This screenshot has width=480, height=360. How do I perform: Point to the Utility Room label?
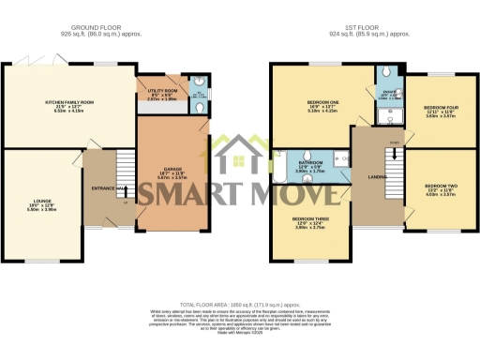pos(158,94)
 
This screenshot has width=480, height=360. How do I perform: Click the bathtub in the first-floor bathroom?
pos(278,171)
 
